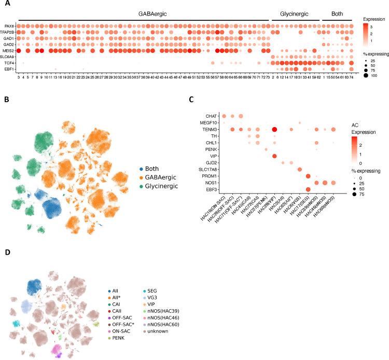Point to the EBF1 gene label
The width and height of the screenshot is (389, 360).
[9, 69]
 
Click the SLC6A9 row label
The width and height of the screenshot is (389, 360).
[7, 57]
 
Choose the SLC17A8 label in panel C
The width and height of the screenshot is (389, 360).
[209, 170]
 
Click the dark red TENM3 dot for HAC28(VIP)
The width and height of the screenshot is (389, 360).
[274, 129]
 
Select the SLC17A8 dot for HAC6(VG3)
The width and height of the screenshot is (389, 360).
[300, 170]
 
